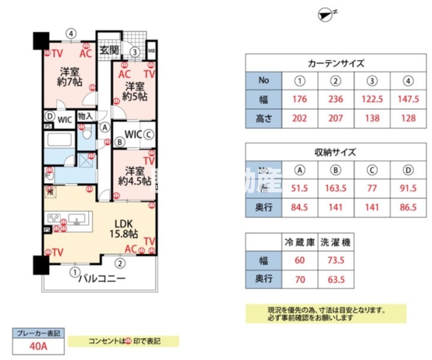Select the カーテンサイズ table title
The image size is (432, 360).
[336, 62]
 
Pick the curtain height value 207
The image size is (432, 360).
[337, 118]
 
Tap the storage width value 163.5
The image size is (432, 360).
[337, 188]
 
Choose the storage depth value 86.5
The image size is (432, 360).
[408, 208]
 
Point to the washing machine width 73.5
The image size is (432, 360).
[336, 261]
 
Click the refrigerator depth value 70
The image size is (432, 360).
[299, 279]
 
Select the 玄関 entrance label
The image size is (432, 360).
[109, 49]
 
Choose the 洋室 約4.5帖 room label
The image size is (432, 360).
[133, 175]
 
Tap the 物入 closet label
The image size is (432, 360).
[85, 116]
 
